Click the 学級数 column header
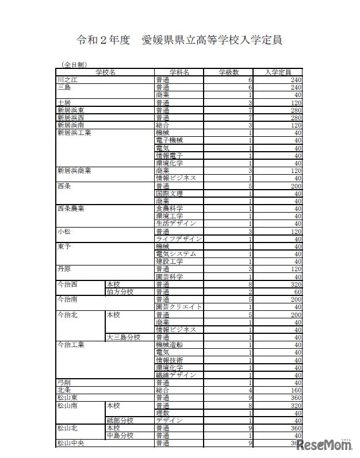coord(229,72)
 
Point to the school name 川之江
coord(67,80)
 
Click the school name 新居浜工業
coord(74,133)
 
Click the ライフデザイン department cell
coord(178,238)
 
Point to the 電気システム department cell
coord(176,253)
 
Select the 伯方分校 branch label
coord(120,291)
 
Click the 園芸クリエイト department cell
coord(178,307)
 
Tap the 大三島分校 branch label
coord(123,337)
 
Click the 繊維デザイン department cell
coord(176,375)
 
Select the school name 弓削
coord(64,383)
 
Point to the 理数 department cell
coord(162,413)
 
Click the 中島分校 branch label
coord(120,436)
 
